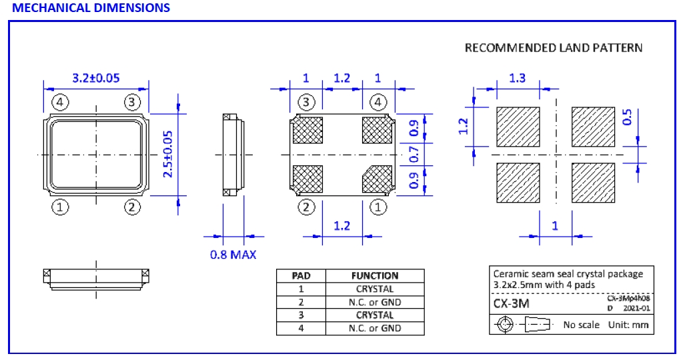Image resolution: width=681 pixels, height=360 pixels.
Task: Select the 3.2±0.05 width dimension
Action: click(x=95, y=78)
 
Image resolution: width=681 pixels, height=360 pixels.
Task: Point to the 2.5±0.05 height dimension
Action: click(x=168, y=154)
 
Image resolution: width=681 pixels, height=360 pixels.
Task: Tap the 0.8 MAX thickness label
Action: click(x=233, y=254)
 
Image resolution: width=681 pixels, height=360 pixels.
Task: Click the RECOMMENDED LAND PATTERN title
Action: click(x=554, y=48)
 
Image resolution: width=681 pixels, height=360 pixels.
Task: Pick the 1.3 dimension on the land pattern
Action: click(x=517, y=78)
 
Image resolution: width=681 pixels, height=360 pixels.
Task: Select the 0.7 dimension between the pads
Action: click(x=414, y=155)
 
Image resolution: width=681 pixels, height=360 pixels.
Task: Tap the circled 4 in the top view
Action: click(x=60, y=102)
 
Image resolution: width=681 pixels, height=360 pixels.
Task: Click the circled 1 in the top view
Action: click(x=60, y=207)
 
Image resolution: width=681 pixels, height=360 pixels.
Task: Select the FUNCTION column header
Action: click(x=374, y=275)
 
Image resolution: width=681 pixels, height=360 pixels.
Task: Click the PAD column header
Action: click(x=301, y=275)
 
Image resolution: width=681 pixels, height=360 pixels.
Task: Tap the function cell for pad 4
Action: click(x=374, y=328)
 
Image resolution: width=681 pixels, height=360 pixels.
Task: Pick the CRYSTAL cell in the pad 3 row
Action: click(x=374, y=315)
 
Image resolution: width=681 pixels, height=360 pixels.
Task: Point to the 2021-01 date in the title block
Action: click(x=636, y=309)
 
